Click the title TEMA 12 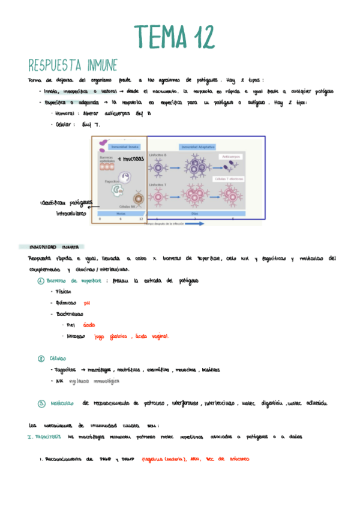tap(174, 37)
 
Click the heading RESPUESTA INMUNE tap(73, 65)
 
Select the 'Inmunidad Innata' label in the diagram tap(125, 146)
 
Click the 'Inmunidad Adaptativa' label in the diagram tap(198, 146)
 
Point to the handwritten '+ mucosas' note tap(131, 159)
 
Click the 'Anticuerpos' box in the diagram tap(230, 156)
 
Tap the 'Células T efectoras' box tap(229, 179)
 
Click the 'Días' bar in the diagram tap(194, 213)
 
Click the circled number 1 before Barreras tap(40, 280)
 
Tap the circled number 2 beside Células tap(41, 358)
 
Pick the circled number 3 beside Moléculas tap(41, 403)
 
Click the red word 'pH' tap(86, 303)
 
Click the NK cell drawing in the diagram tap(139, 199)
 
